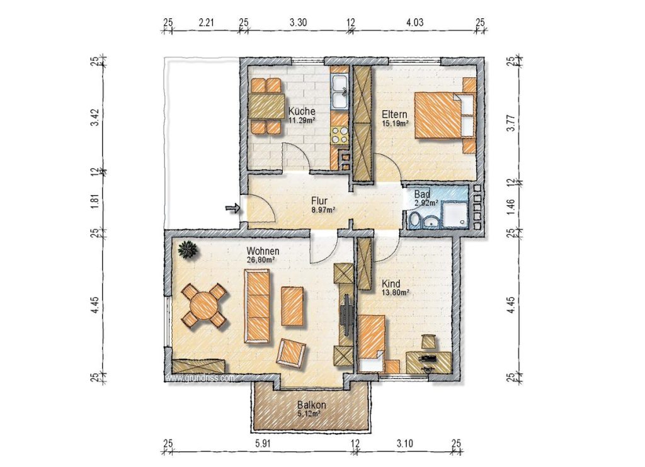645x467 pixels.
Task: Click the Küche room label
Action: (x=302, y=111)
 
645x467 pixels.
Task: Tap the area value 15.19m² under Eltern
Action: (x=396, y=123)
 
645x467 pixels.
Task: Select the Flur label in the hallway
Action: (x=319, y=201)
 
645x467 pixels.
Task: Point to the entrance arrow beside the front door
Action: (x=232, y=208)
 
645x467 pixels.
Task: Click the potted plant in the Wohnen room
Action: (x=188, y=250)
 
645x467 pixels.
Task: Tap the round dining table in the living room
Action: (x=204, y=305)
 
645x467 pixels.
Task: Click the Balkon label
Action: (x=311, y=405)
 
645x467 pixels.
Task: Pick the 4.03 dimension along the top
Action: (x=414, y=22)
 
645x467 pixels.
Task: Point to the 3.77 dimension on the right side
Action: (x=510, y=123)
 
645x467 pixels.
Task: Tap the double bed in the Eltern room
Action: (x=445, y=115)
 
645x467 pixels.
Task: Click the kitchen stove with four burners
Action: (x=340, y=135)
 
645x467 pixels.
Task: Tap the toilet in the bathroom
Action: (x=414, y=220)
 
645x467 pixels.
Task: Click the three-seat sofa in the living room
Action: (x=257, y=306)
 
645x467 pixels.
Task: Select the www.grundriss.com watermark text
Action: (x=200, y=378)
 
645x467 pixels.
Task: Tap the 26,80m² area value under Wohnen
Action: (x=261, y=260)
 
